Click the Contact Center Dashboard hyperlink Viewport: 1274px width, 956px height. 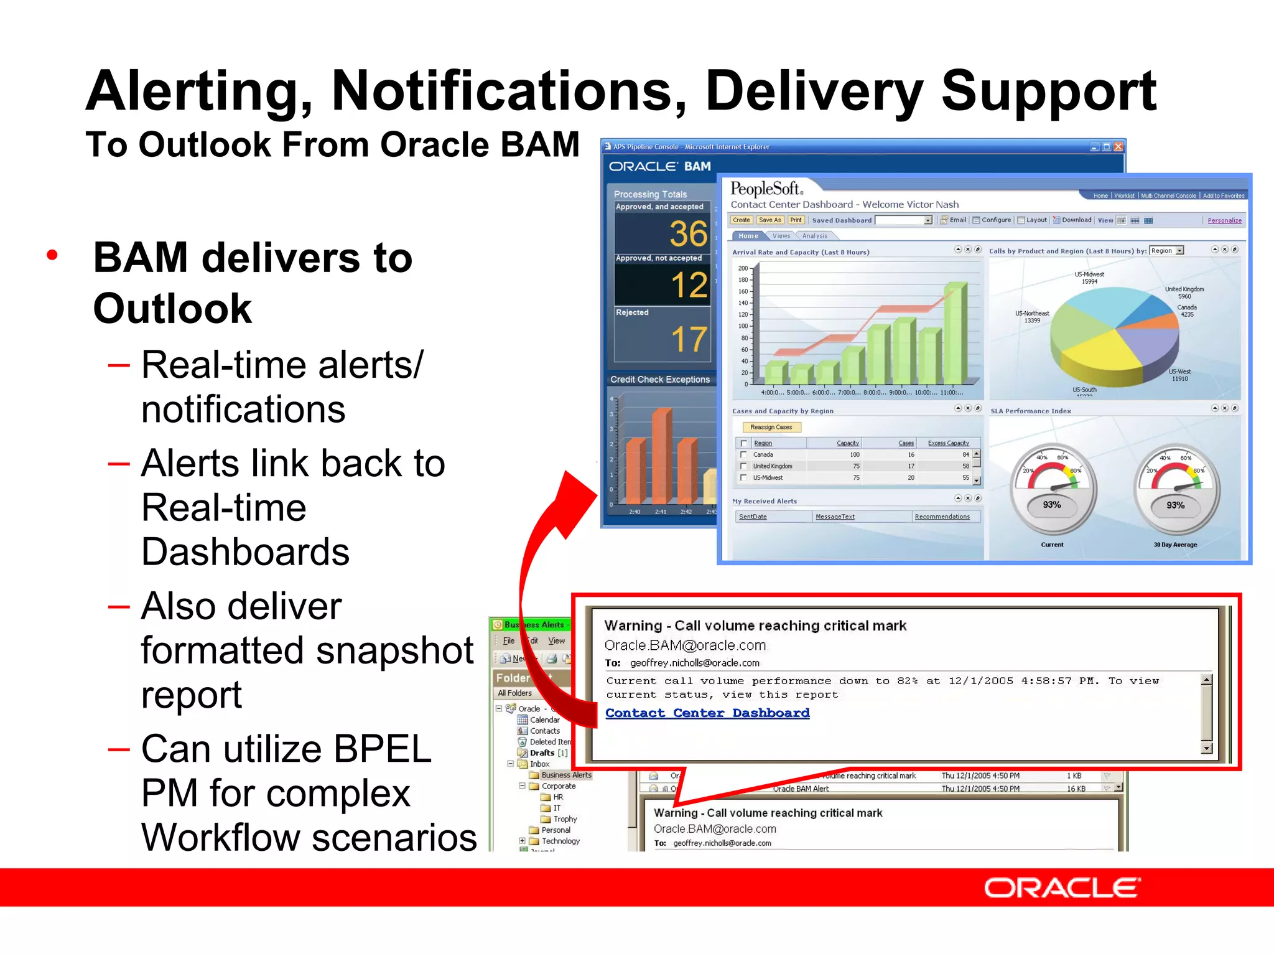[707, 713]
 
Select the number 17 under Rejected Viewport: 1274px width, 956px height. [689, 340]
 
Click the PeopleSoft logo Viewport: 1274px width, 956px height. [766, 189]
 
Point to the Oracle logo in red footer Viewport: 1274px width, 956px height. [1062, 888]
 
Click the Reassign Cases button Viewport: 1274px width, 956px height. [771, 427]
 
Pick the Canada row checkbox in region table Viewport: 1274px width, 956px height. [743, 455]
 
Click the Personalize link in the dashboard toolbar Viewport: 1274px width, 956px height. [1224, 220]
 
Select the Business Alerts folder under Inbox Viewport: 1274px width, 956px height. [565, 775]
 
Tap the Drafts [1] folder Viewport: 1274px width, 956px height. [547, 752]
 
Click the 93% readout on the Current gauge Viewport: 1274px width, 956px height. [1051, 505]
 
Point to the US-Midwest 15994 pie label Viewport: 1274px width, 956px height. [1089, 278]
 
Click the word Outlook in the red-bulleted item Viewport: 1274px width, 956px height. [172, 308]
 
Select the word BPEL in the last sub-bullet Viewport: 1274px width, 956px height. [382, 749]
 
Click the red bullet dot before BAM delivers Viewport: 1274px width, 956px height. [52, 255]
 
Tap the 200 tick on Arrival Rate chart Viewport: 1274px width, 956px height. [743, 268]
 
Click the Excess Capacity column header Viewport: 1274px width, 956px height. [948, 443]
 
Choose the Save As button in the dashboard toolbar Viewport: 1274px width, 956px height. [770, 220]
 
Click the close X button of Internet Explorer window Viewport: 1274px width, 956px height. [1118, 147]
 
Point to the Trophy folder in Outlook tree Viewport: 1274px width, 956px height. [565, 819]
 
